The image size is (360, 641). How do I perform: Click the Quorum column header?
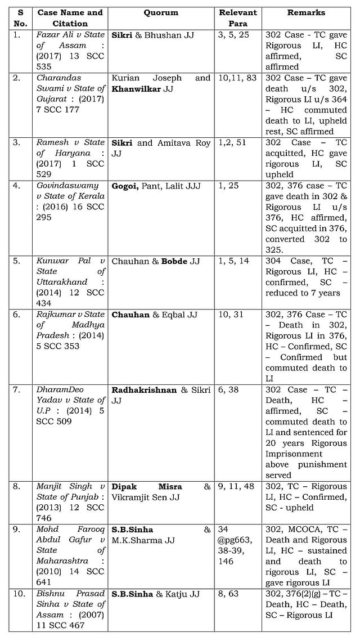pyautogui.click(x=161, y=12)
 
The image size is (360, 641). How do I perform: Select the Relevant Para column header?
pyautogui.click(x=237, y=18)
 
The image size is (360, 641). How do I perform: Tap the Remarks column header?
pyautogui.click(x=306, y=12)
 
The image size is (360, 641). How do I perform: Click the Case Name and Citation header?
pyautogui.click(x=70, y=18)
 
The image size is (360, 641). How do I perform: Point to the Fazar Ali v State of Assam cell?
pyautogui.click(x=70, y=51)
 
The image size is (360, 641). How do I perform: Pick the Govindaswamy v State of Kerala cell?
pyautogui.click(x=70, y=201)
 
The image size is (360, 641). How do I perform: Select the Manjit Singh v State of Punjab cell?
pyautogui.click(x=70, y=502)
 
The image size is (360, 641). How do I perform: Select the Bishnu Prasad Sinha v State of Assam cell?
pyautogui.click(x=70, y=609)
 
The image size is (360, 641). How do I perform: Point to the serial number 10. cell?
pyautogui.click(x=17, y=594)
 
